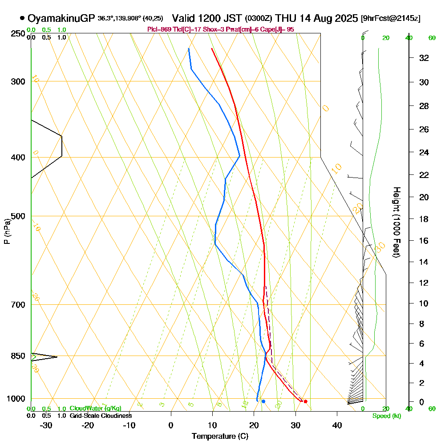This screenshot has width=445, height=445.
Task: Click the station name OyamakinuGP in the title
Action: [x=61, y=18]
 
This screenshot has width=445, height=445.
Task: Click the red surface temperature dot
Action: [x=305, y=401]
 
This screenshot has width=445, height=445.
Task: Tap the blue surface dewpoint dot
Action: [x=263, y=401]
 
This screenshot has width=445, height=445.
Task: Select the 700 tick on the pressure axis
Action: [x=19, y=305]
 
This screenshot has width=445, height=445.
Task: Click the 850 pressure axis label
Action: [x=19, y=356]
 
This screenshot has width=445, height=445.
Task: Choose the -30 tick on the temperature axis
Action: [x=46, y=425]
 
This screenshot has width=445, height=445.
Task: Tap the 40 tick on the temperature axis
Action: [x=337, y=425]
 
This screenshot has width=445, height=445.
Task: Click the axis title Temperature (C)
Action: [x=220, y=437]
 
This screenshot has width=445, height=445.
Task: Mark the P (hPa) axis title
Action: [x=7, y=231]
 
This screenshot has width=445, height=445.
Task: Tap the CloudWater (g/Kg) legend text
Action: [x=95, y=409]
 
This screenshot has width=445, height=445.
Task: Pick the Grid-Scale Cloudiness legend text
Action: [x=100, y=416]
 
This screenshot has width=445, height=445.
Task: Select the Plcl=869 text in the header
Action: [x=158, y=29]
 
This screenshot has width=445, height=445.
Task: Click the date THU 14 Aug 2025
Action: [x=316, y=18]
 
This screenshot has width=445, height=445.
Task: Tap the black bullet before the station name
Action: [x=22, y=18]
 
